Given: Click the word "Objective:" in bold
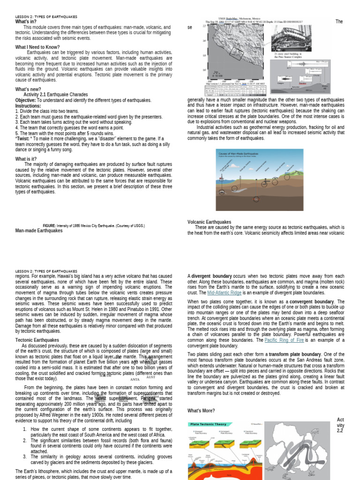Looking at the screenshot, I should tap(25, 100).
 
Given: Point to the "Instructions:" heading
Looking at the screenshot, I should tap(28, 105).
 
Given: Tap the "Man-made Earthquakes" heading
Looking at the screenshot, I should tap(39, 231).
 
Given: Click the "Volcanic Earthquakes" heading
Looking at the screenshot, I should tap(209, 222).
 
